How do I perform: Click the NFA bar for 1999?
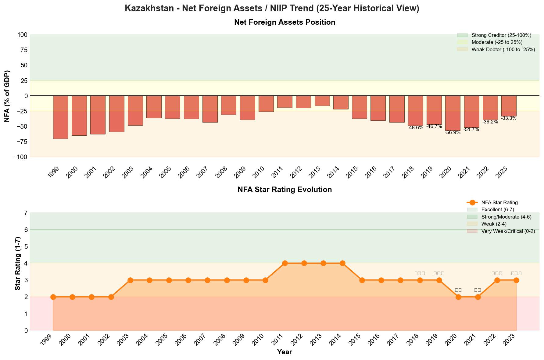(x=61, y=117)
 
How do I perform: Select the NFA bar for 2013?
(x=322, y=101)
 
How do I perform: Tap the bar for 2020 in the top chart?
(x=453, y=113)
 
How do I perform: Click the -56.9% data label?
(x=453, y=133)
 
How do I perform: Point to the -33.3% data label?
(x=509, y=118)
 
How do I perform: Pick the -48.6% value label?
(x=415, y=128)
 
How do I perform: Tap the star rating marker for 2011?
(x=285, y=263)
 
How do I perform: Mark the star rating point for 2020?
(x=458, y=297)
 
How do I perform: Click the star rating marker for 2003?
(x=130, y=280)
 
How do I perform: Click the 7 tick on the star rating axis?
(x=26, y=213)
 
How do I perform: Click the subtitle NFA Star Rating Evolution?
(x=285, y=190)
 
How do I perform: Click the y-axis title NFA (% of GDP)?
(x=7, y=96)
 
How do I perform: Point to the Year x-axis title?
(x=285, y=352)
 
